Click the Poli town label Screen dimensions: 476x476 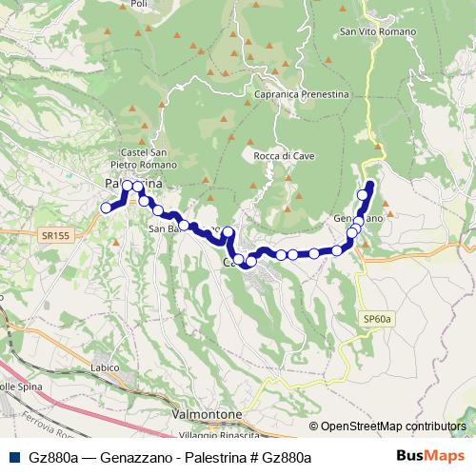tap(139, 5)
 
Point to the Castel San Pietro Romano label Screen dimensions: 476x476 tap(145, 159)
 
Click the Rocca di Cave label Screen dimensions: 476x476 tap(278, 155)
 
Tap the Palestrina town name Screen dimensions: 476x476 tap(132, 183)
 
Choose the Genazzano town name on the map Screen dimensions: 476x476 tap(358, 219)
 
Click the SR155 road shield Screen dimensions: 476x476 tap(53, 234)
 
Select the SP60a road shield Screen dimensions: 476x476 tap(377, 319)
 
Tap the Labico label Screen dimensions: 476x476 tap(105, 367)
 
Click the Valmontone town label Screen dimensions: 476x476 tap(207, 415)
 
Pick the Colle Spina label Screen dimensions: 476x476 tap(21, 387)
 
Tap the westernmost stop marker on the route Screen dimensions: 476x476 tap(106, 208)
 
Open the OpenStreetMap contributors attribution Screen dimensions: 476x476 tap(393, 426)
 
